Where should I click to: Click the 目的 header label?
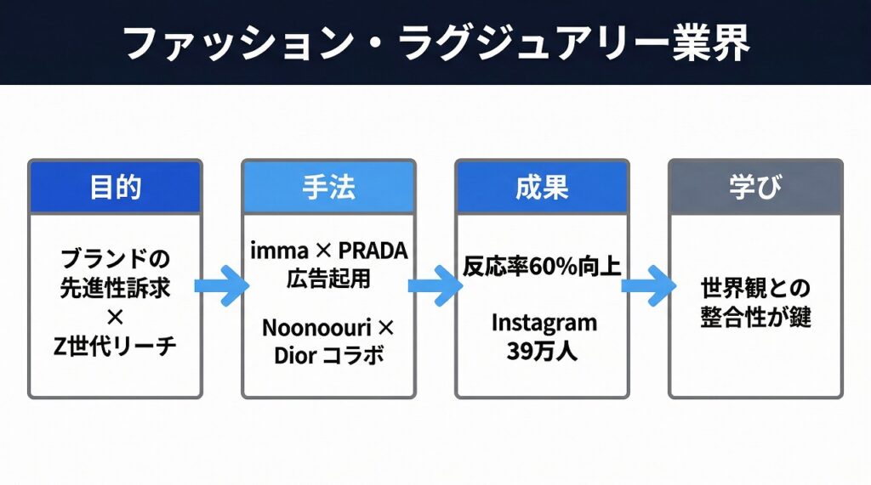tap(115, 188)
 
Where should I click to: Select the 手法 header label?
tap(328, 188)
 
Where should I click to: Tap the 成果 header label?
tap(542, 188)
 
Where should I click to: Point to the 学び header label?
tap(755, 188)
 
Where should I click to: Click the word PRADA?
tap(373, 252)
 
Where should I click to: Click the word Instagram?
tap(542, 323)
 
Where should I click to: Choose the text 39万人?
tap(542, 350)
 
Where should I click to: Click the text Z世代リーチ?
tap(115, 346)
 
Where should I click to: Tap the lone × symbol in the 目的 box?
tap(115, 317)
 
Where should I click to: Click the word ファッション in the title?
tap(231, 42)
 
